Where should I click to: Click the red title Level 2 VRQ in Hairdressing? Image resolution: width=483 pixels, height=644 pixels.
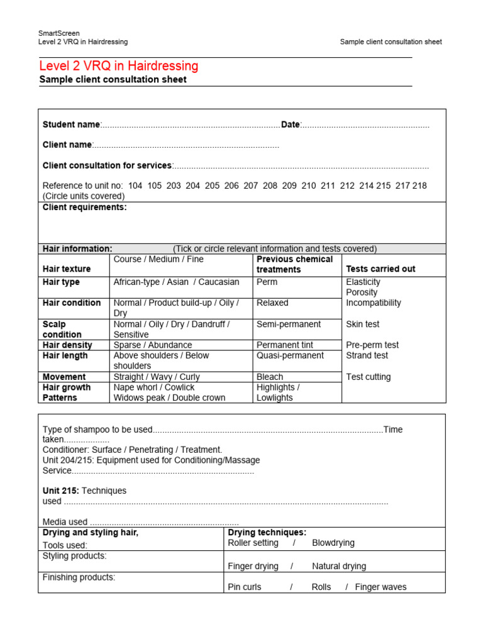pyautogui.click(x=118, y=66)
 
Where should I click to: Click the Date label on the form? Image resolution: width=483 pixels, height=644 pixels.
pyautogui.click(x=290, y=125)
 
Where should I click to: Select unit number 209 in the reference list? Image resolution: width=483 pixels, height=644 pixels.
pyautogui.click(x=289, y=186)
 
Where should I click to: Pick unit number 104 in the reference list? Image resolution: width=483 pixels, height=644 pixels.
pyautogui.click(x=135, y=186)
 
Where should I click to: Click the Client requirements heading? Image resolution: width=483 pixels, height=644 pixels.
pyautogui.click(x=84, y=207)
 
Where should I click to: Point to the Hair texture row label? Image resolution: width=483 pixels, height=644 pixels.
pyautogui.click(x=67, y=269)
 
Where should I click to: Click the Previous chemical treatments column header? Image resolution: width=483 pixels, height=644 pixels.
pyautogui.click(x=294, y=264)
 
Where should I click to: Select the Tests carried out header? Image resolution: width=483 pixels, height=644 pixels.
pyautogui.click(x=380, y=269)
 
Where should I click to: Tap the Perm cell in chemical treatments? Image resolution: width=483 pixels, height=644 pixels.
pyautogui.click(x=267, y=282)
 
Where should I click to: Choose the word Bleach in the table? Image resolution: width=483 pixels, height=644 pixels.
pyautogui.click(x=270, y=377)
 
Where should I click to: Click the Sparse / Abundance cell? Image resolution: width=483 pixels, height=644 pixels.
pyautogui.click(x=153, y=345)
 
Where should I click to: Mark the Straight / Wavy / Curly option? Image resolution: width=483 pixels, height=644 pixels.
pyautogui.click(x=157, y=377)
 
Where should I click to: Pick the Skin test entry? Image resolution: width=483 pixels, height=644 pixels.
pyautogui.click(x=363, y=324)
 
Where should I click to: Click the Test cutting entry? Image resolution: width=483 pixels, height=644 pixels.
pyautogui.click(x=368, y=377)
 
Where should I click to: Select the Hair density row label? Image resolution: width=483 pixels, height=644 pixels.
pyautogui.click(x=67, y=345)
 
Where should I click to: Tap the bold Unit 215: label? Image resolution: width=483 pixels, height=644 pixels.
pyautogui.click(x=61, y=491)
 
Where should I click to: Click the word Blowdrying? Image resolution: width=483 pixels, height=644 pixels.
pyautogui.click(x=333, y=543)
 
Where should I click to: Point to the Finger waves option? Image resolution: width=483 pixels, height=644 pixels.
pyautogui.click(x=380, y=587)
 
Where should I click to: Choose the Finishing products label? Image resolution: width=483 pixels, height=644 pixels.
pyautogui.click(x=79, y=577)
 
